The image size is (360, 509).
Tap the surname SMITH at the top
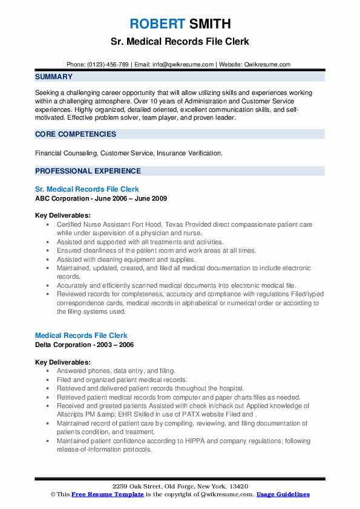(209, 24)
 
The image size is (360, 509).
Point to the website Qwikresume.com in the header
(266, 64)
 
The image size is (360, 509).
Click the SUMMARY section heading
(54, 77)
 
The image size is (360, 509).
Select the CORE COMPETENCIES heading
(76, 134)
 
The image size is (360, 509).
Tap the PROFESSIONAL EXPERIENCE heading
(88, 171)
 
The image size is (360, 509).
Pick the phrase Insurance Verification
(189, 154)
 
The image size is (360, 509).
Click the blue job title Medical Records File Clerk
(81, 336)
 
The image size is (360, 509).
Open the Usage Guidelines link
(283, 494)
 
